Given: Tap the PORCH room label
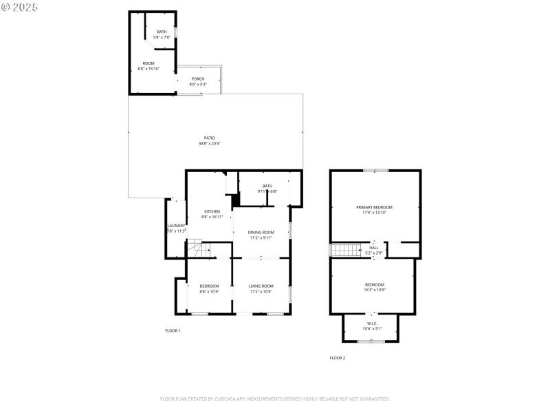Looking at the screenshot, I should pyautogui.click(x=197, y=79).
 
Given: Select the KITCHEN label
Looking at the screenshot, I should pyautogui.click(x=212, y=211).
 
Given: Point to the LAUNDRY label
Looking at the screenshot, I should pyautogui.click(x=176, y=226).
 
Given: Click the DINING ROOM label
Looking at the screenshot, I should pyautogui.click(x=261, y=233).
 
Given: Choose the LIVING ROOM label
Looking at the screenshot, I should pyautogui.click(x=261, y=286).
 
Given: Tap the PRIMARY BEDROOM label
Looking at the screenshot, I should pyautogui.click(x=375, y=207).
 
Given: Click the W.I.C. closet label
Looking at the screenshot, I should pyautogui.click(x=372, y=324).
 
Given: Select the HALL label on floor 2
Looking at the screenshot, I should pyautogui.click(x=374, y=248).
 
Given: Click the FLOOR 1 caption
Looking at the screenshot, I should pyautogui.click(x=173, y=331).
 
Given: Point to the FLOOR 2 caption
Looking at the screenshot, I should pyautogui.click(x=338, y=358).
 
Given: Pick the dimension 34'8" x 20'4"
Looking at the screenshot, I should pyautogui.click(x=209, y=143).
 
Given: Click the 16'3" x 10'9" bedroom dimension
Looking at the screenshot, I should pyautogui.click(x=375, y=290).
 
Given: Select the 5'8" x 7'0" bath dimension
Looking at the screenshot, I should pyautogui.click(x=162, y=37).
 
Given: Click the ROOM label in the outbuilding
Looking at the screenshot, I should pyautogui.click(x=148, y=63).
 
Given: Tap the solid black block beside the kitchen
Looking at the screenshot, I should pyautogui.click(x=236, y=200).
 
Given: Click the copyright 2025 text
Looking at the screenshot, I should pyautogui.click(x=20, y=6).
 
